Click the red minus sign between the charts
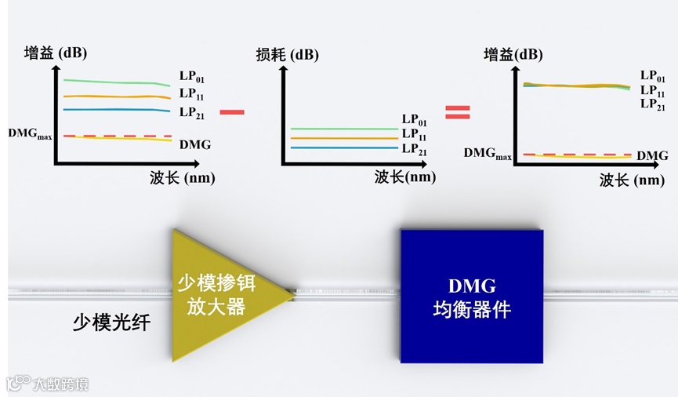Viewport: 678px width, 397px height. pyautogui.click(x=231, y=112)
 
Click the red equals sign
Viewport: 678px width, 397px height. pyautogui.click(x=457, y=112)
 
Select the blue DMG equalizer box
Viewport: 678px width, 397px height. pyautogui.click(x=471, y=296)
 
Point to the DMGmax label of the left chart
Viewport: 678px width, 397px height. pyautogui.click(x=30, y=133)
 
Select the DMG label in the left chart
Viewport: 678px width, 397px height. pyautogui.click(x=194, y=144)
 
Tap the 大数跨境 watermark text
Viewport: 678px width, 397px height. pyautogui.click(x=60, y=384)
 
